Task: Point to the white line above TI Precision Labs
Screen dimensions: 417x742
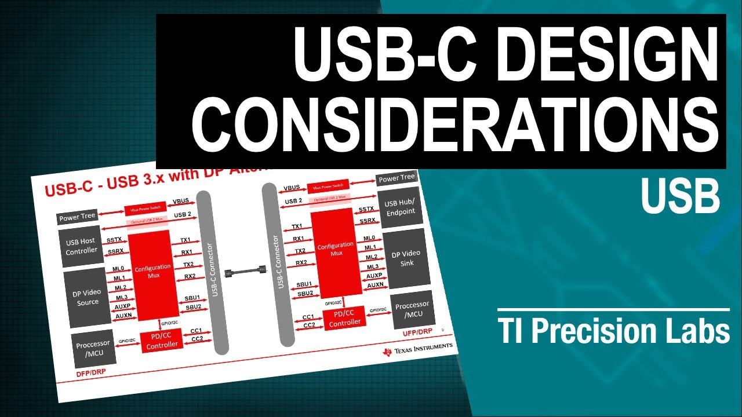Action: click(x=613, y=309)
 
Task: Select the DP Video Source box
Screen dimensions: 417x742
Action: click(x=86, y=297)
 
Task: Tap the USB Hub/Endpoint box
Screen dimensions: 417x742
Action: click(x=400, y=207)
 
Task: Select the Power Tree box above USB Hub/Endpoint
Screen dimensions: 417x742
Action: click(x=397, y=178)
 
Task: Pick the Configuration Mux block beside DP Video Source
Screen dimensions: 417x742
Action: click(x=153, y=271)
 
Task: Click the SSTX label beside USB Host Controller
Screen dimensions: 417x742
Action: click(x=114, y=239)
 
